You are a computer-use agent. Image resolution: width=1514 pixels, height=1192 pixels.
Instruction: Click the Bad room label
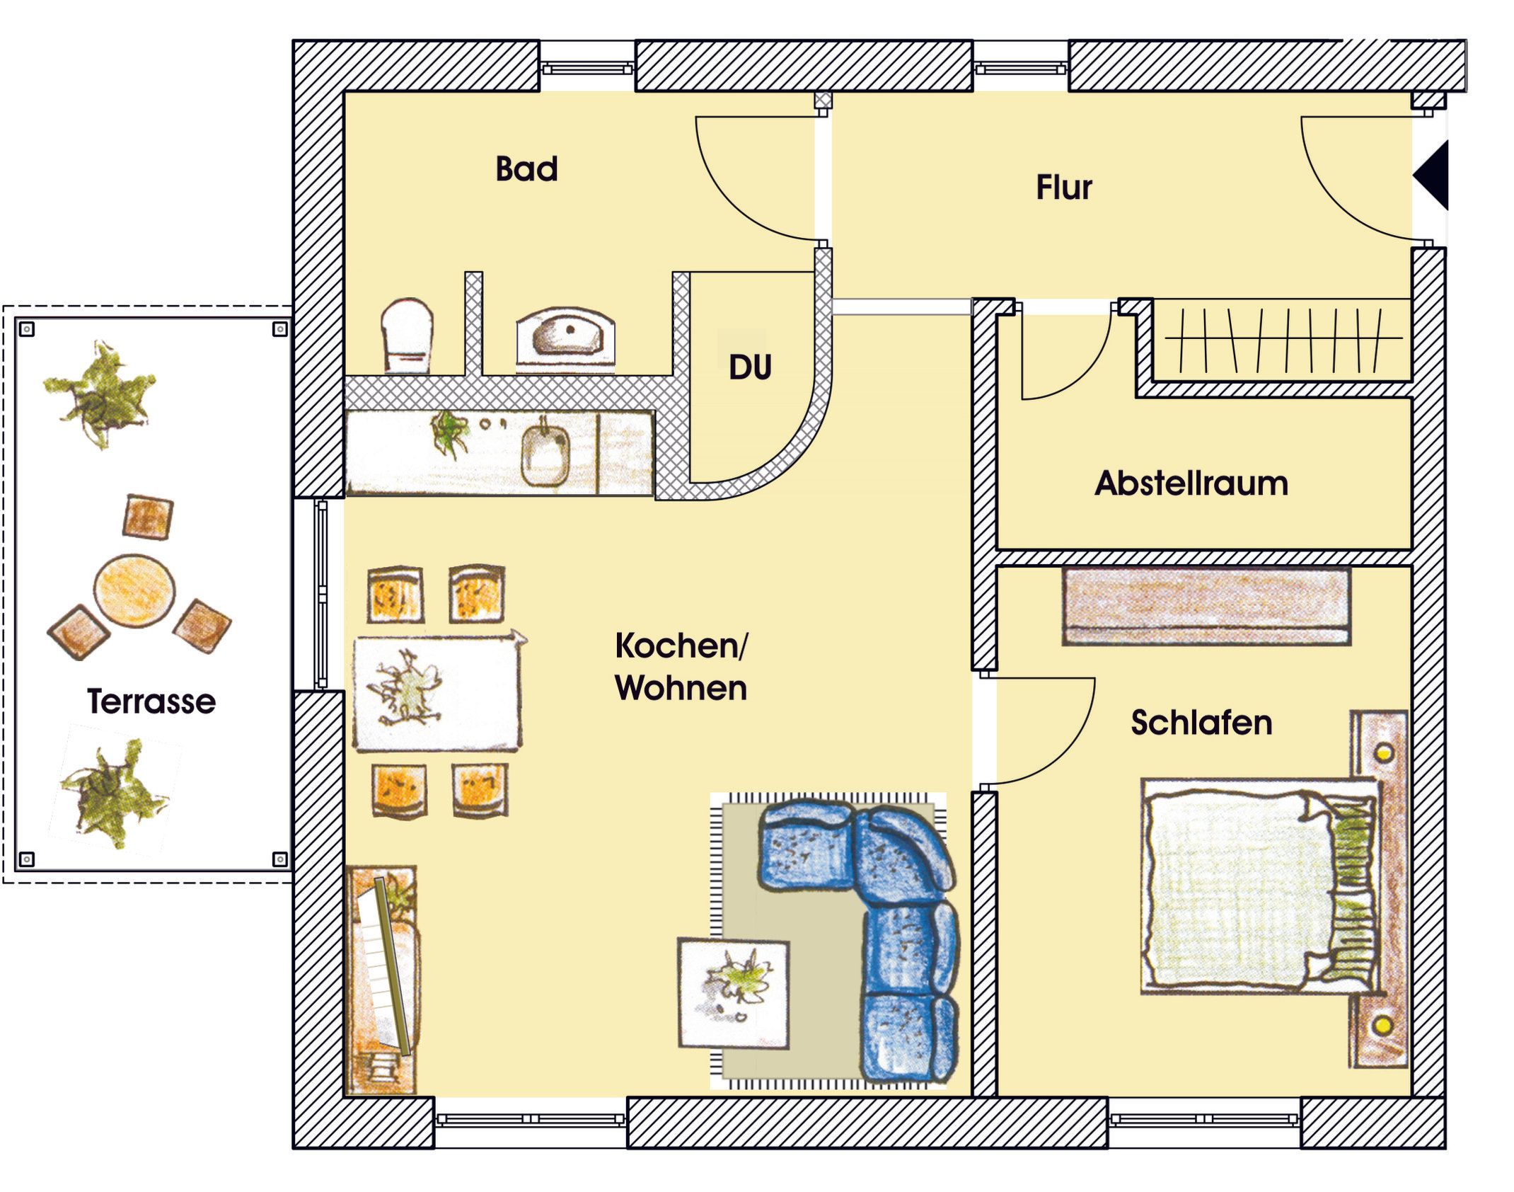coord(526,169)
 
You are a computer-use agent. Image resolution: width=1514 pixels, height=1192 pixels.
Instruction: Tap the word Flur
coord(1063,188)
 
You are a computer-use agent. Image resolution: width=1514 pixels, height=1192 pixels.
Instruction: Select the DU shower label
coord(750,367)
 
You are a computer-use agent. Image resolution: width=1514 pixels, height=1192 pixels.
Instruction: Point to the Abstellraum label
coord(1191,484)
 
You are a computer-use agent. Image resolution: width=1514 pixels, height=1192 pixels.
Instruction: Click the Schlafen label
coord(1201,723)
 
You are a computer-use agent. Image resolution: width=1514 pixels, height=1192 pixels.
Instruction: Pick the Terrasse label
coord(151,701)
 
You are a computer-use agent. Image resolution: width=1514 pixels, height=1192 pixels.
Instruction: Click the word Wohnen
coord(681,688)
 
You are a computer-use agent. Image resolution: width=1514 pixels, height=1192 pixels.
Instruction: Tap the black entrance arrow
coord(1433,175)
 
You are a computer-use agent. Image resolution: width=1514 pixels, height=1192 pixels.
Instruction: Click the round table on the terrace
coord(134,590)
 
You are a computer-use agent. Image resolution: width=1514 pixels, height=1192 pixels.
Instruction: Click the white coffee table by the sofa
coord(734,992)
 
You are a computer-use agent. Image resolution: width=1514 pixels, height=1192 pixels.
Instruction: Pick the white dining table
coord(437,692)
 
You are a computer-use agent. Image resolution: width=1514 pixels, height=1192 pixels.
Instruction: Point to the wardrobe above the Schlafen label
coord(1206,606)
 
